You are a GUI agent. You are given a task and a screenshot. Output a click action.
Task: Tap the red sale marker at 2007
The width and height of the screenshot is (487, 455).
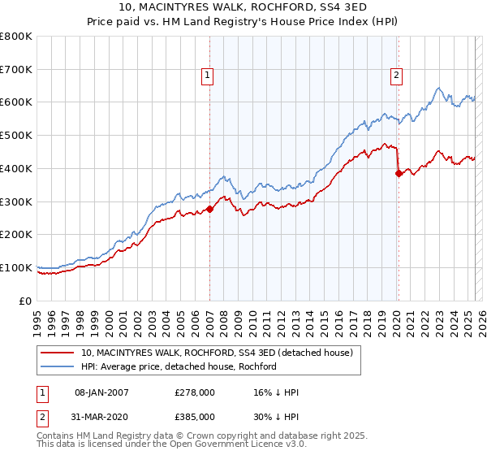pos(209,209)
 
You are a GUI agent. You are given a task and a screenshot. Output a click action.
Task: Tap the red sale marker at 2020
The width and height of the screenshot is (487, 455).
pos(399,173)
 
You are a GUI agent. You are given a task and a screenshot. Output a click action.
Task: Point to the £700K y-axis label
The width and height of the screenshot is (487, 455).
pos(17,69)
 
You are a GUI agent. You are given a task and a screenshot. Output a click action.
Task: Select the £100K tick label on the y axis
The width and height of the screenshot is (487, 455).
pos(17,267)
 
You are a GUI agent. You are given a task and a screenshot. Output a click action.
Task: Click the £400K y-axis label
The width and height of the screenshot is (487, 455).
pos(17,168)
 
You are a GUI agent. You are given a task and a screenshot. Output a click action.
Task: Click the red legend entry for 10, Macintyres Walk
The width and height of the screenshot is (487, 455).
pos(217,353)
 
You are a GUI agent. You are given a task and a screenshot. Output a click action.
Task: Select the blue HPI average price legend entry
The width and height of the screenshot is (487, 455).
pos(179,366)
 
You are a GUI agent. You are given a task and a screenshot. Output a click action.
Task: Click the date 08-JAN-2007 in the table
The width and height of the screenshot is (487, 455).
pos(101,392)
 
